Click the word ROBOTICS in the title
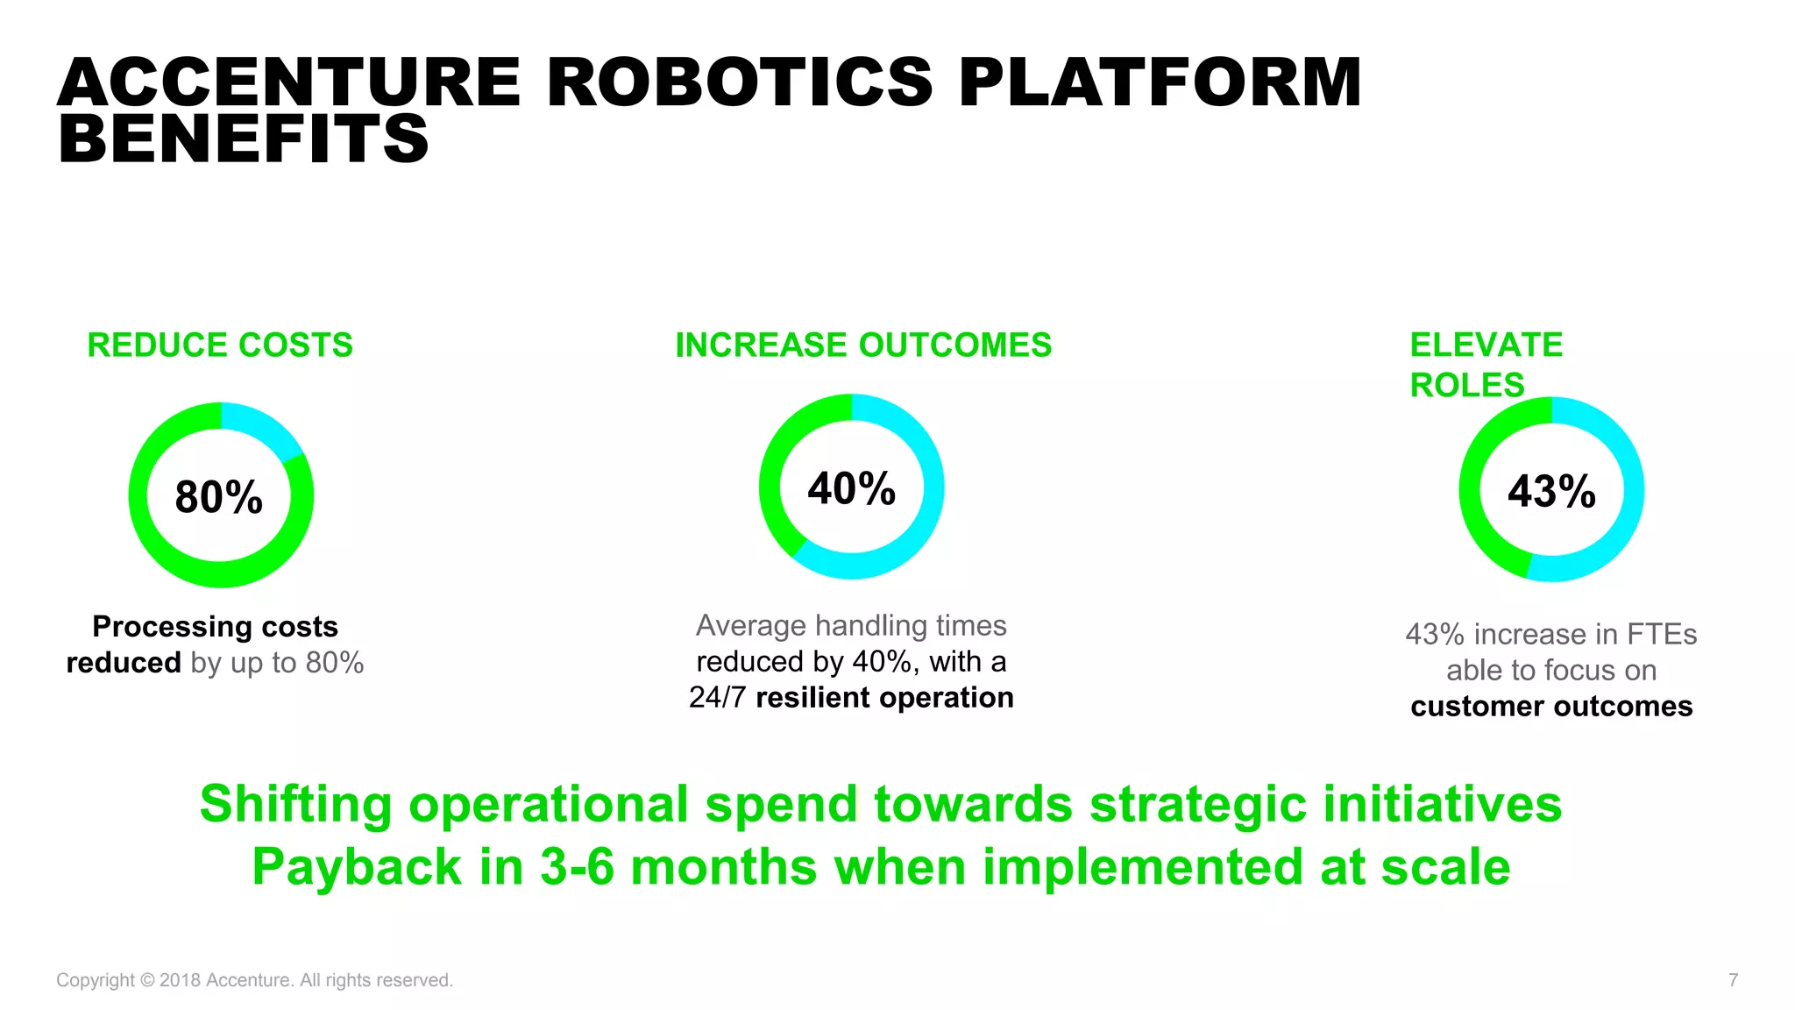(x=739, y=82)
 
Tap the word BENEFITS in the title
(x=243, y=139)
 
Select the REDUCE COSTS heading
(x=220, y=345)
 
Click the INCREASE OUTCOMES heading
(x=863, y=345)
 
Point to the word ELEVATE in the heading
(x=1486, y=345)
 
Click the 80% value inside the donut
(x=219, y=497)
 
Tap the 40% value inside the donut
(x=851, y=488)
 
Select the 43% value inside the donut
(x=1551, y=491)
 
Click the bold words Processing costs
(x=215, y=627)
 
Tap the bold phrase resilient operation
(x=884, y=698)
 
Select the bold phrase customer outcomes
(x=1551, y=707)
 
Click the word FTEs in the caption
(x=1662, y=634)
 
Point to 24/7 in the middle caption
(x=718, y=698)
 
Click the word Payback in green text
(x=357, y=867)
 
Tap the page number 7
(x=1733, y=980)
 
